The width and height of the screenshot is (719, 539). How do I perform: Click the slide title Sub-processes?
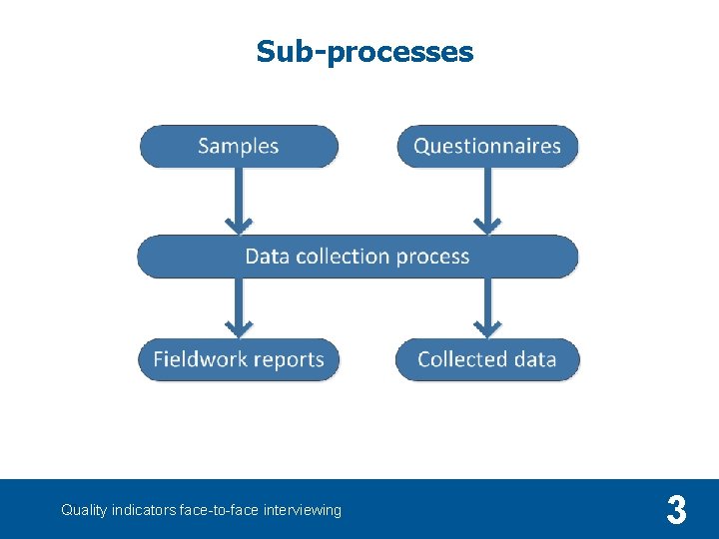364,51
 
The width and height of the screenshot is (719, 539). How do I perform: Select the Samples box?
239,146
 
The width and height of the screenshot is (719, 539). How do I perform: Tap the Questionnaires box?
487,146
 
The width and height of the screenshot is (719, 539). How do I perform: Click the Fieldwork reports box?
239,359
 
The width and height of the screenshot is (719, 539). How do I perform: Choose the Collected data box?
487,359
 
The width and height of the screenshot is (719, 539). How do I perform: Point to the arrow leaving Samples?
238,201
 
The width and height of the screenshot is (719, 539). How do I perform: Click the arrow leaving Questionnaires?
486,201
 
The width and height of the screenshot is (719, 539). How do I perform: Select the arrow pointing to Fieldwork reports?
238,307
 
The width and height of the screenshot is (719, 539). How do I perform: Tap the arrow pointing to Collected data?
486,307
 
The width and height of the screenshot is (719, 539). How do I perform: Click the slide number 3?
676,511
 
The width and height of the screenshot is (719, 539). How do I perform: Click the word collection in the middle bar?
343,257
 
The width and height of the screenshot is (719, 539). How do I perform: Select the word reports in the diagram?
289,360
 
